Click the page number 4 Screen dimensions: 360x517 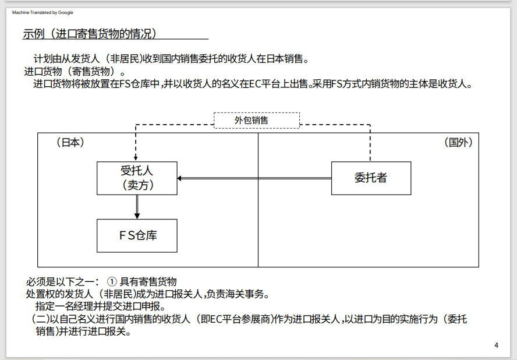coord(496,345)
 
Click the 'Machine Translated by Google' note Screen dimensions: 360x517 coord(43,12)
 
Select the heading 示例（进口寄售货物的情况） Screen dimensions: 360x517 coord(90,34)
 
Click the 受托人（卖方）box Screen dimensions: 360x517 coord(137,178)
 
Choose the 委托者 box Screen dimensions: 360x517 coord(370,178)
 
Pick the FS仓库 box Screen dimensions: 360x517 coord(137,235)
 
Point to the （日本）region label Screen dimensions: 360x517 coord(70,142)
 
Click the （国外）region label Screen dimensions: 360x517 coord(458,142)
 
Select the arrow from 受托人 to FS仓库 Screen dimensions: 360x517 coord(137,207)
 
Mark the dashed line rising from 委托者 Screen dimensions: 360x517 coord(370,143)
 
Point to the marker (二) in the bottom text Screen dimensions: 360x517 coord(40,319)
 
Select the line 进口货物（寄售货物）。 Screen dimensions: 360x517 coord(75,72)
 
